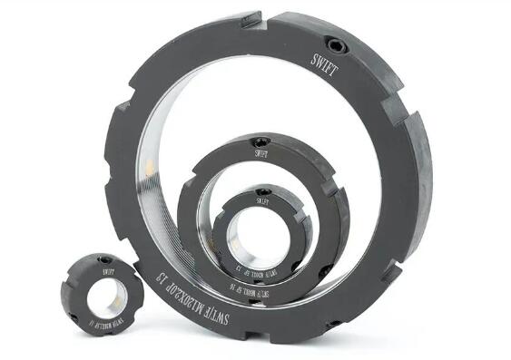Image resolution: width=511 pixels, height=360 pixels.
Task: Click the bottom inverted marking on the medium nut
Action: (238, 271)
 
